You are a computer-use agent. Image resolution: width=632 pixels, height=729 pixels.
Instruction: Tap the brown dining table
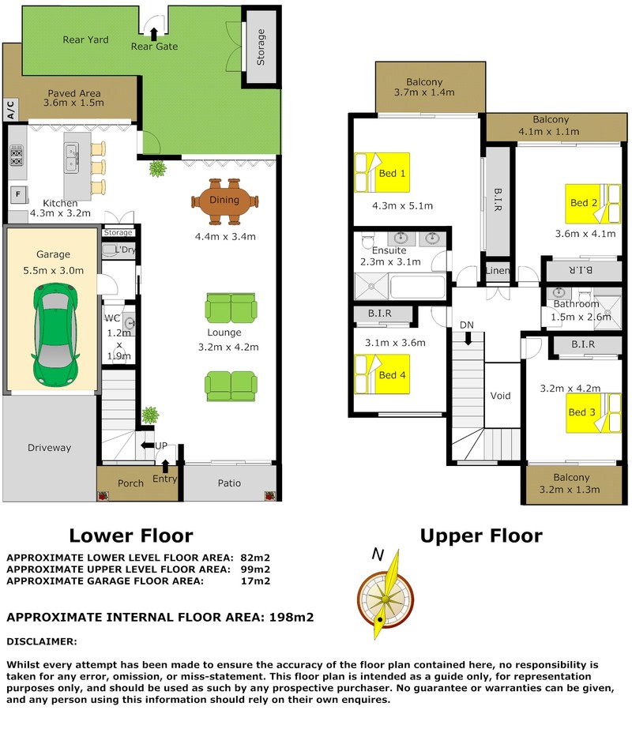225,201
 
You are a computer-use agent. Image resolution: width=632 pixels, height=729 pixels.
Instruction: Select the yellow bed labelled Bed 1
382,172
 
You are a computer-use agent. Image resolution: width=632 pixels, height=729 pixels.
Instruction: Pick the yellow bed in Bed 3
593,413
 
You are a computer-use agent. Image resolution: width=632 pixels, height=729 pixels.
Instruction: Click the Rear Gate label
154,47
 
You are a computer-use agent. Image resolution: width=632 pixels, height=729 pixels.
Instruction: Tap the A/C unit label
11,110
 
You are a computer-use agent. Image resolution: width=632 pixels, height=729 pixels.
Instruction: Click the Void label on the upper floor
500,396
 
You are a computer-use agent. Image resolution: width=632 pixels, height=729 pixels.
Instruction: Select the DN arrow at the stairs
468,339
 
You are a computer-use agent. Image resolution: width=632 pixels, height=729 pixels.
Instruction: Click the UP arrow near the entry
148,445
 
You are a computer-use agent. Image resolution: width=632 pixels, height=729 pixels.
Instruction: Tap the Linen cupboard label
498,270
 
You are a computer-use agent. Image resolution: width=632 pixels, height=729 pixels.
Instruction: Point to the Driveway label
49,448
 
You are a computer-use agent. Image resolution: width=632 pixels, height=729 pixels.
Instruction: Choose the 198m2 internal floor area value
292,618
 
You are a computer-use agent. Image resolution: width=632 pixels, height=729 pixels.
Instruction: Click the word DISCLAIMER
42,641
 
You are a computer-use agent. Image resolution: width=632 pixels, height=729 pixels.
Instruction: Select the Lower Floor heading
131,535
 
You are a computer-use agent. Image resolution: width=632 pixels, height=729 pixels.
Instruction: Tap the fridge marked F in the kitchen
19,194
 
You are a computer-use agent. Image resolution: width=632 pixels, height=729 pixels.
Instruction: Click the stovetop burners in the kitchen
17,156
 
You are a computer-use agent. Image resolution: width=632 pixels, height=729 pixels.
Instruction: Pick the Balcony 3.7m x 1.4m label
424,87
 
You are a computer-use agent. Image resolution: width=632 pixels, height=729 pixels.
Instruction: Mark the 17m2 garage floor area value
255,581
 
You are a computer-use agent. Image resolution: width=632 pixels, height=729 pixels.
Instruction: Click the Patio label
229,483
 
